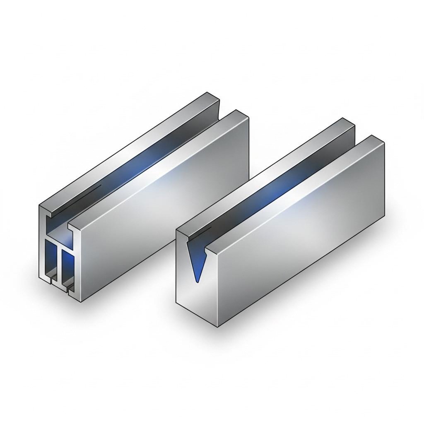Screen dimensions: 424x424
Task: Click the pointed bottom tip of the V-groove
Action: (x=197, y=282)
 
